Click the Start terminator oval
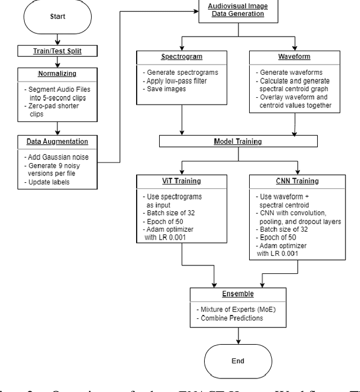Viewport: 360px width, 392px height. coord(57,17)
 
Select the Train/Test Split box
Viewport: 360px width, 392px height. coord(57,51)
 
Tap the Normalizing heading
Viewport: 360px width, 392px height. coord(57,73)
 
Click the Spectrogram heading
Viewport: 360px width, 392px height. coord(182,57)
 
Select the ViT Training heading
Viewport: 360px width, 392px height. coord(182,181)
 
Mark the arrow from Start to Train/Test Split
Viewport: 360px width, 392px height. coord(57,40)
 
